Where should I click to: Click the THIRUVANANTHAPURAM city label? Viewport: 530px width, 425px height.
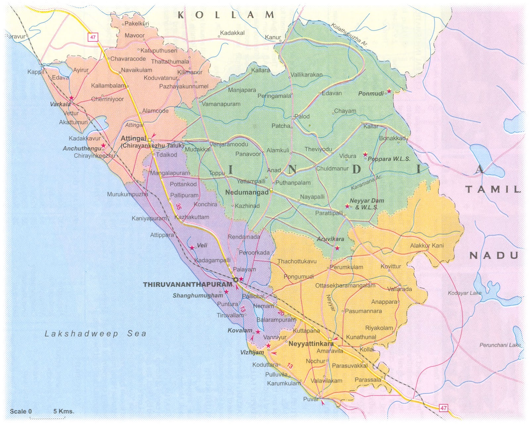point(187,284)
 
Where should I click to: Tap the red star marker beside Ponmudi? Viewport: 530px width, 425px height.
point(389,91)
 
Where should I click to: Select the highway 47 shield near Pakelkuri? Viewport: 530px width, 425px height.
point(93,37)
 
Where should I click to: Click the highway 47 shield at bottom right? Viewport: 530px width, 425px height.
point(444,408)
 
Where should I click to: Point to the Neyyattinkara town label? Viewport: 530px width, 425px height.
point(311,344)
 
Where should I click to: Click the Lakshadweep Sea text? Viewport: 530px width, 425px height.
point(95,334)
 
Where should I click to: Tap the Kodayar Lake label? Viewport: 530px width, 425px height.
point(464,293)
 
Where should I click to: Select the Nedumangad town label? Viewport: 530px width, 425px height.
point(247,192)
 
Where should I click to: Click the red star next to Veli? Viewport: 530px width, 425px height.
point(192,248)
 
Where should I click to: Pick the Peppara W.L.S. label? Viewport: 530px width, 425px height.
point(389,159)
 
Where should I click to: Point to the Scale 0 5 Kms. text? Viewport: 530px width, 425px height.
point(42,411)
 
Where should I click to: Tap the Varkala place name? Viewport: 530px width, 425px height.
point(60,104)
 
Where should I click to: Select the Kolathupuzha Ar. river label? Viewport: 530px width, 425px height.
point(349,34)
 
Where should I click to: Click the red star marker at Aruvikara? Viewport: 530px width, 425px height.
point(337,248)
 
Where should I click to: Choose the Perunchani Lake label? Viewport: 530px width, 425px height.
point(500,345)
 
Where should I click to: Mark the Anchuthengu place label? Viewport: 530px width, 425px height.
point(82,149)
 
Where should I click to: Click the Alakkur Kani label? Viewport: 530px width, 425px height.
point(427,246)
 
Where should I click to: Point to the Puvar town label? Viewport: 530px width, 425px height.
point(311,399)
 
